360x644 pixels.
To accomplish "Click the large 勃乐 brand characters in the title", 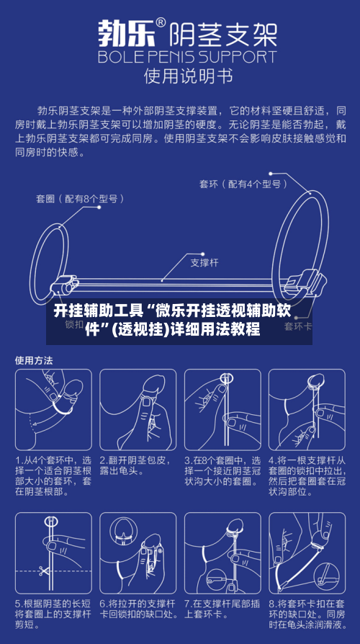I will pyautogui.click(x=124, y=34).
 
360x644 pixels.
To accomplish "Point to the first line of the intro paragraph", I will pyautogui.click(x=180, y=111).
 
